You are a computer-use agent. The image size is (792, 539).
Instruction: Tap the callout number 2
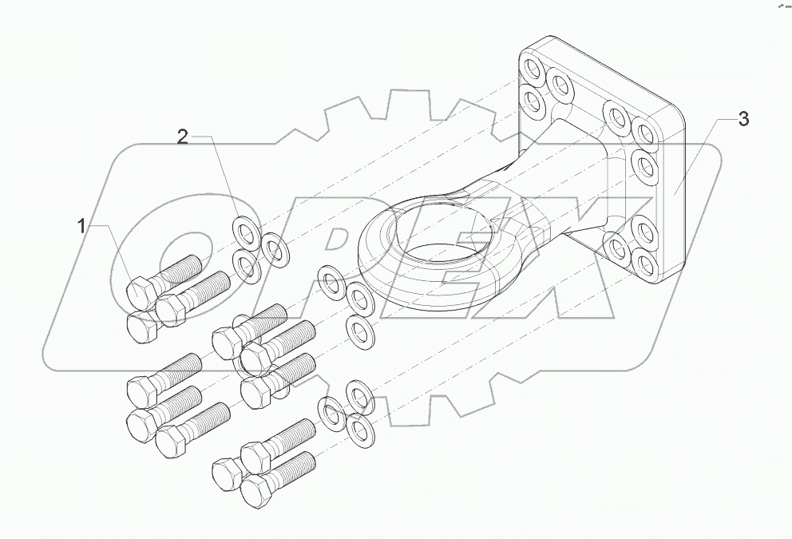point(183,137)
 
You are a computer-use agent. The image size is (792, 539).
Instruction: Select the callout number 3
point(742,120)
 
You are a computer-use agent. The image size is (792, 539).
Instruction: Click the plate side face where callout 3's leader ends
point(673,192)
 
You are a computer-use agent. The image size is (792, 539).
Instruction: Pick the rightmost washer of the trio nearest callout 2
point(276,248)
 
